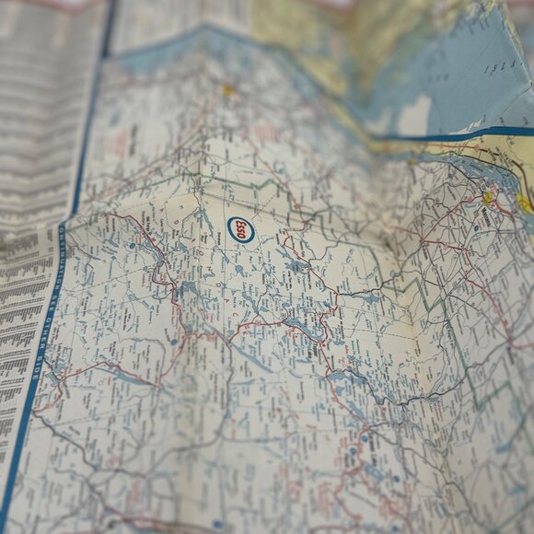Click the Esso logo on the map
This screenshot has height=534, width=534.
[x=241, y=229]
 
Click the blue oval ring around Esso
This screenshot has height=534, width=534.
[x=241, y=219]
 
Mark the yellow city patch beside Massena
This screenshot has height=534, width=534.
[x=489, y=196]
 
